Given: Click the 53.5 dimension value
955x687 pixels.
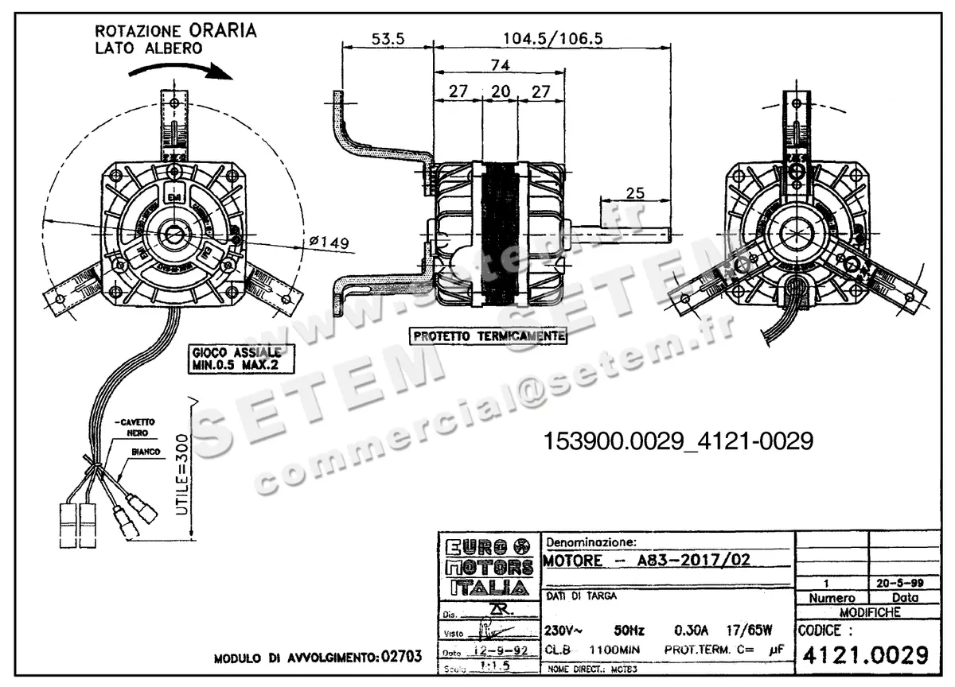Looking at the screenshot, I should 388,39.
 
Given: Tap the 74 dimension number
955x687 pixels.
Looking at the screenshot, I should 501,65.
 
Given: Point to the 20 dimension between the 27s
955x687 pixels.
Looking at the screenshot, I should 500,91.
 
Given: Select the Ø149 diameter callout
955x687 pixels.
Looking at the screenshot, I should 327,243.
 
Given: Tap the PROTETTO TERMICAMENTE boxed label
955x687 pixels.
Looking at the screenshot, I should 489,336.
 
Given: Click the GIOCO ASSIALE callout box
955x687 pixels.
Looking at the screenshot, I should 241,359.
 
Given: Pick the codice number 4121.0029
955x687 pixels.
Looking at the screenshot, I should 865,655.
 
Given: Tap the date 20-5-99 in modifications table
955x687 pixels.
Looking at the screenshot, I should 898,583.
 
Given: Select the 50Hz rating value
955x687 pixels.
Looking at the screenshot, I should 628,631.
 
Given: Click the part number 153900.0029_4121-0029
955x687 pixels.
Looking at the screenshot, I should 678,441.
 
